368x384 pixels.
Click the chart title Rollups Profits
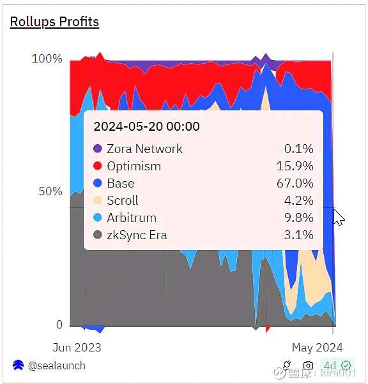pyautogui.click(x=54, y=22)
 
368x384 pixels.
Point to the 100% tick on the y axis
pyautogui.click(x=47, y=59)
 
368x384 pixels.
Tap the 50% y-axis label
pyautogui.click(x=50, y=191)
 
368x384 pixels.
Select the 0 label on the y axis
pyautogui.click(x=59, y=324)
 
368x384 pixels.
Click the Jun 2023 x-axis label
pyautogui.click(x=77, y=348)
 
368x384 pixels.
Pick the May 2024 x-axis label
pyautogui.click(x=318, y=348)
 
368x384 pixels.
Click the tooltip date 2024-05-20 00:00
pyautogui.click(x=147, y=126)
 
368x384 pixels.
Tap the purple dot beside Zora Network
pyautogui.click(x=98, y=149)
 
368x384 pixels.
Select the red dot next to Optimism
pyautogui.click(x=98, y=166)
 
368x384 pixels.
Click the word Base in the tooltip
pyautogui.click(x=121, y=183)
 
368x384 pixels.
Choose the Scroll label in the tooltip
pyautogui.click(x=123, y=200)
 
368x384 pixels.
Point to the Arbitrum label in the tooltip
pyautogui.click(x=132, y=218)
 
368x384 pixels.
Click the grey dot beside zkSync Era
pyautogui.click(x=98, y=235)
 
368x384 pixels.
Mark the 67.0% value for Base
pyautogui.click(x=295, y=183)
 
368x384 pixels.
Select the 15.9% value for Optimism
pyautogui.click(x=295, y=166)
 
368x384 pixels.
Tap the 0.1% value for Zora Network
pyautogui.click(x=299, y=149)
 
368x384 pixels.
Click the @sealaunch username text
pyautogui.click(x=57, y=366)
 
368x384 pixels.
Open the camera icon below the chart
pyautogui.click(x=308, y=366)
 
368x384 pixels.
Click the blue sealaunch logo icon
pyautogui.click(x=18, y=365)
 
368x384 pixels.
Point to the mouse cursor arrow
pyautogui.click(x=339, y=217)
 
